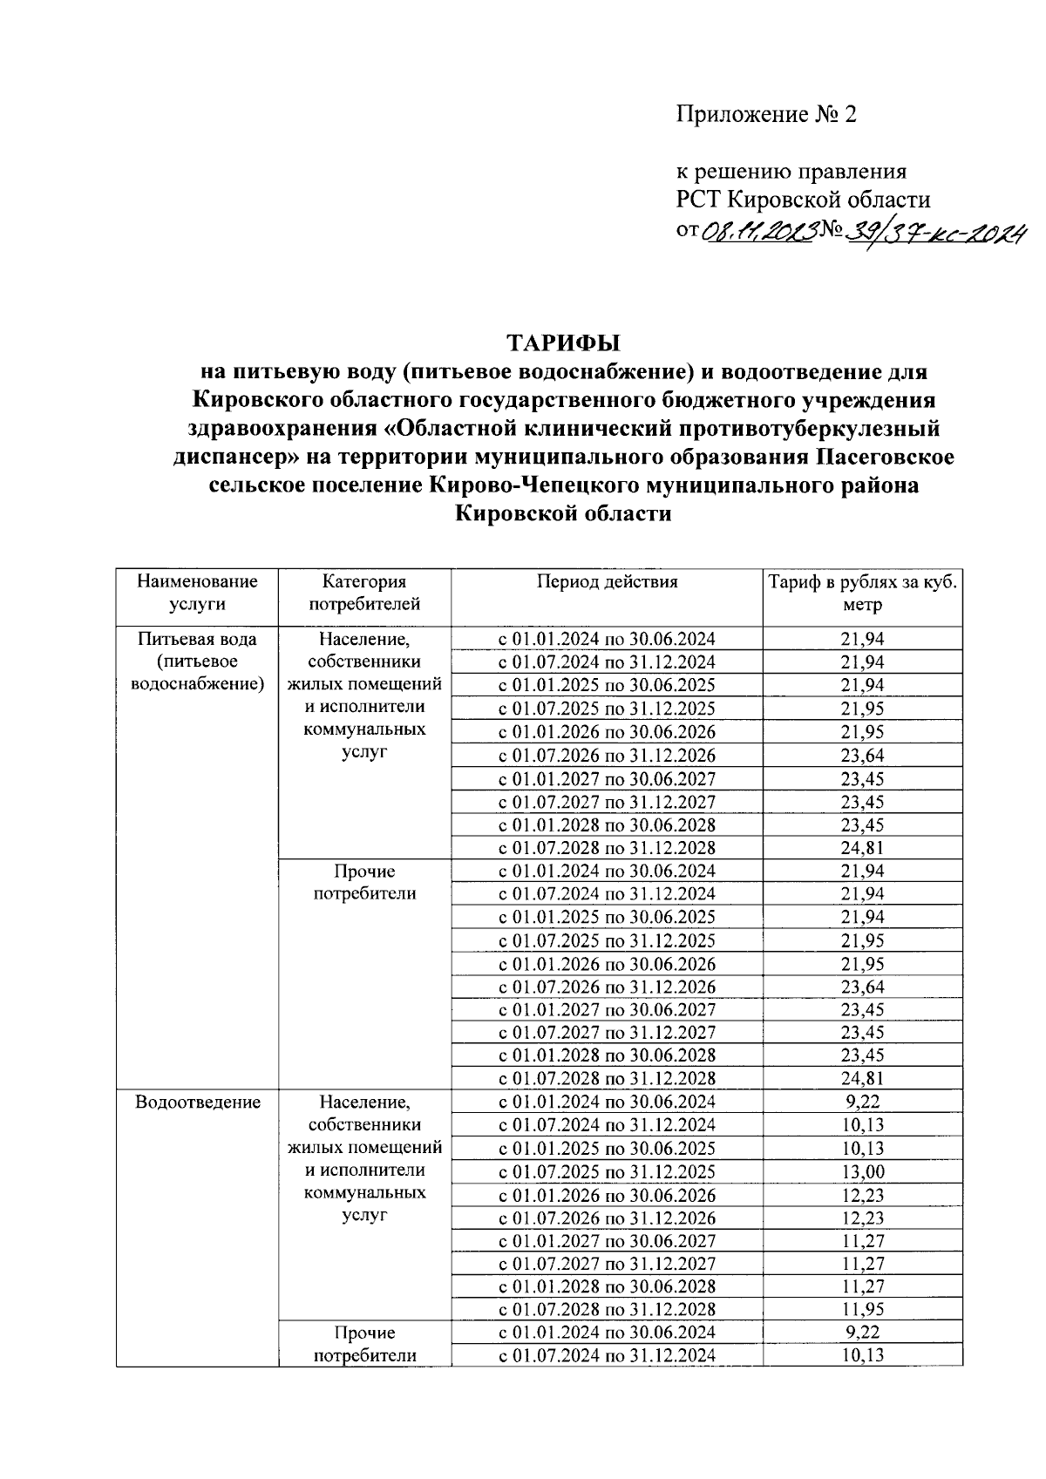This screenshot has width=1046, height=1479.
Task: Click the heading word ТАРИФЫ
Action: [x=563, y=341]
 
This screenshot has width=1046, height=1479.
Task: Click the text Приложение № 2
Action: [x=767, y=114]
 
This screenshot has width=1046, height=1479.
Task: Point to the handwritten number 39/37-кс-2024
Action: [x=932, y=231]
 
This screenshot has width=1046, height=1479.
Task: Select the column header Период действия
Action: [x=607, y=581]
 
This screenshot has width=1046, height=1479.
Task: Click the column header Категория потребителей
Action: [x=364, y=593]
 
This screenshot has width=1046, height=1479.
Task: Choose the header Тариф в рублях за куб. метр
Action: [x=862, y=593]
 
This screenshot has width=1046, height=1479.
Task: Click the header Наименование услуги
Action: [x=198, y=593]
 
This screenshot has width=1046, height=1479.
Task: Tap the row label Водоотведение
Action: [x=198, y=1102]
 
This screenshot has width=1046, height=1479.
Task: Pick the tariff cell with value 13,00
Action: [x=862, y=1172]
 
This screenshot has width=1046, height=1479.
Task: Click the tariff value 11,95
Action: [x=862, y=1309]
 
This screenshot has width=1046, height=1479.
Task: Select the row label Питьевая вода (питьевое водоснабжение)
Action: [x=198, y=661]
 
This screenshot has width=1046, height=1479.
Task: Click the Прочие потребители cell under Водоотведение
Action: [x=364, y=1344]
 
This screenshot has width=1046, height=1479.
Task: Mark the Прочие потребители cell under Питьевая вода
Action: [x=364, y=882]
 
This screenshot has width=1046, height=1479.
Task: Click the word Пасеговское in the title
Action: [x=886, y=457]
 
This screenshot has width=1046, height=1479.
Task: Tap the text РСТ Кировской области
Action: [x=803, y=200]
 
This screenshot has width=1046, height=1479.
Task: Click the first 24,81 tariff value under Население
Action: [x=862, y=848]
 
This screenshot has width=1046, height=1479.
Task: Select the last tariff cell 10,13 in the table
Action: [x=862, y=1355]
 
